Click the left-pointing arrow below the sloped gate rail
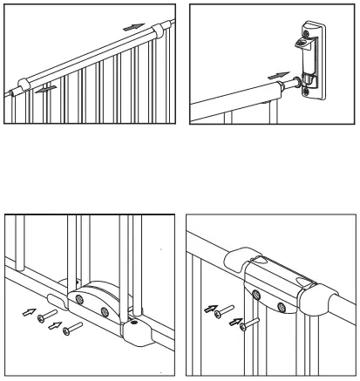click(x=50, y=87)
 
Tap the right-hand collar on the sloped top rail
click(x=157, y=33)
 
